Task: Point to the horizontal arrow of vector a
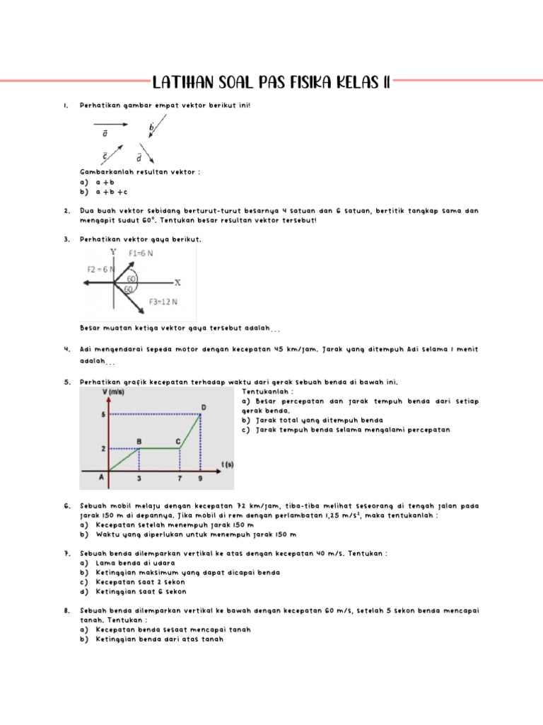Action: [x=111, y=124]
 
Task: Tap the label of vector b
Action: [x=151, y=127]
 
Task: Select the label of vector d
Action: [x=139, y=157]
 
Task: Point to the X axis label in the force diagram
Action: [x=177, y=282]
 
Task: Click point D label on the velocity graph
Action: [x=204, y=407]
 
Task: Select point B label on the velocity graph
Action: [x=139, y=441]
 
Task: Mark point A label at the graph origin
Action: [x=102, y=478]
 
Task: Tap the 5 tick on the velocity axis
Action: [x=104, y=414]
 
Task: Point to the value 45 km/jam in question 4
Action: [x=300, y=348]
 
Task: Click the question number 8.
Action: [x=65, y=610]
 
